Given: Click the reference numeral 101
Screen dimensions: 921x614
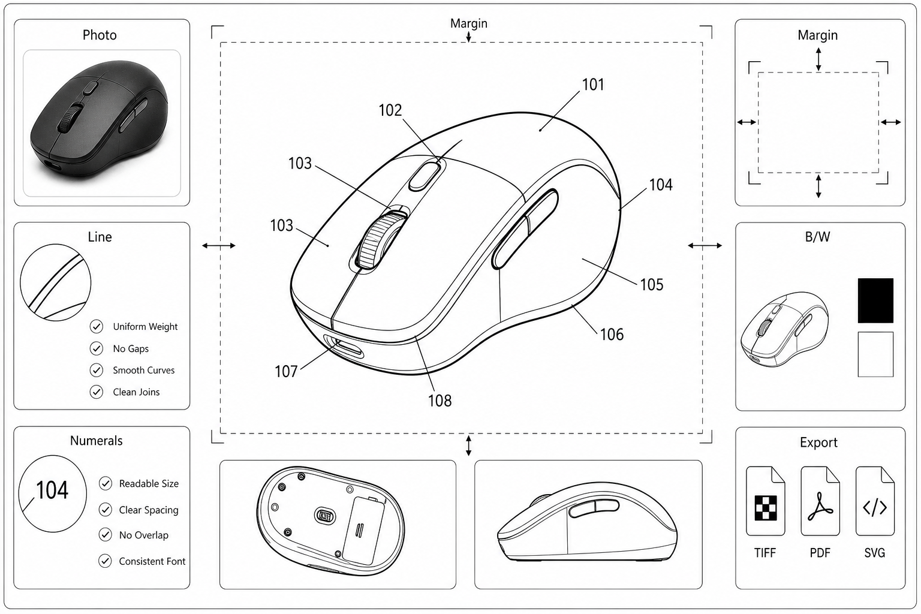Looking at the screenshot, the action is (x=593, y=85).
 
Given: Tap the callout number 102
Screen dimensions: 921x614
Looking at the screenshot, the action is (x=390, y=110).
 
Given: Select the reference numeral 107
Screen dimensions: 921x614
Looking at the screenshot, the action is (x=286, y=371).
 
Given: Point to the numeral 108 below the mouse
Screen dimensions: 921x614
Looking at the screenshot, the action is (x=440, y=401).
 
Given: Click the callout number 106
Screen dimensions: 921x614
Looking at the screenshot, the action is (x=612, y=335).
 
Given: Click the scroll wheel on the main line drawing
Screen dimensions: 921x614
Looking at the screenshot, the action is (x=379, y=240).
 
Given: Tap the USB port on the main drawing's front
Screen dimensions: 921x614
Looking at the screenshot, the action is (x=344, y=347).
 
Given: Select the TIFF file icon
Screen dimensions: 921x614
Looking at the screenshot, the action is (x=765, y=501).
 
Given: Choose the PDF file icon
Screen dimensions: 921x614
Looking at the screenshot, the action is (x=820, y=501).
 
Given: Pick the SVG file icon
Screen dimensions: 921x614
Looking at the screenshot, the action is (x=875, y=501).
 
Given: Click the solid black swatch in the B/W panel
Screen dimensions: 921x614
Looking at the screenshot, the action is (x=875, y=300).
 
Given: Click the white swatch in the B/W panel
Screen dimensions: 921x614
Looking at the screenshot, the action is (x=875, y=354).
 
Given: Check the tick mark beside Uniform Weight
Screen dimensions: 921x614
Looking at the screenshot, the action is (x=96, y=327).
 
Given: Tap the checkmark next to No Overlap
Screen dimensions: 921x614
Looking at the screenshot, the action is (x=106, y=535).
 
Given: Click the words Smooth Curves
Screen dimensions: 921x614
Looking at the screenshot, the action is (x=143, y=370).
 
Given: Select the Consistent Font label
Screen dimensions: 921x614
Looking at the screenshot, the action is (x=152, y=561).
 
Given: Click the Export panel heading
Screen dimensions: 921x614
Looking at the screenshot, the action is (x=818, y=442).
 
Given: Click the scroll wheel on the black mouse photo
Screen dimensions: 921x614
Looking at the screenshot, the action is (x=71, y=118).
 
